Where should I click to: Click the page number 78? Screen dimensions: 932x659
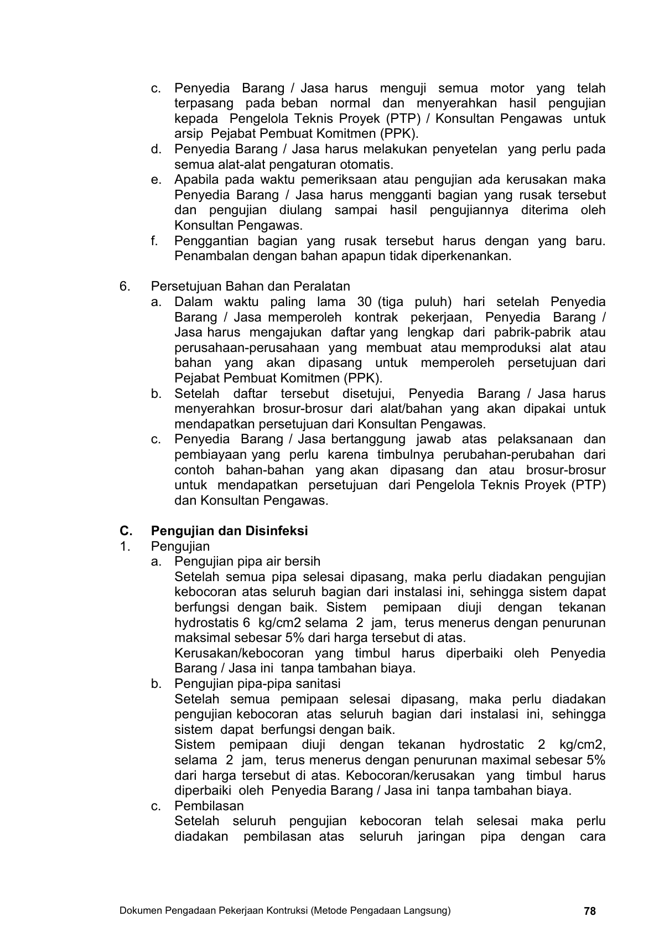[589, 911]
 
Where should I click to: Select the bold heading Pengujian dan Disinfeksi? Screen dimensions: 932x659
[229, 531]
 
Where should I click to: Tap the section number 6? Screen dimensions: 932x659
[124, 286]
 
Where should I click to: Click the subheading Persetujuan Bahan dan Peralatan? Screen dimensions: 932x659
[251, 286]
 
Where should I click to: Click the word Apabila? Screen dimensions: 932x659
[197, 180]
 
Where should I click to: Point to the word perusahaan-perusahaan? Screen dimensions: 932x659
[247, 348]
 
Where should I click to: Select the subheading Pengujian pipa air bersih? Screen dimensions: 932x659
[247, 561]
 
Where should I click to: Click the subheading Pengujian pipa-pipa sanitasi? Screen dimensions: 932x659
[257, 684]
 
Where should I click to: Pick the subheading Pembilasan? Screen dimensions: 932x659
[209, 806]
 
